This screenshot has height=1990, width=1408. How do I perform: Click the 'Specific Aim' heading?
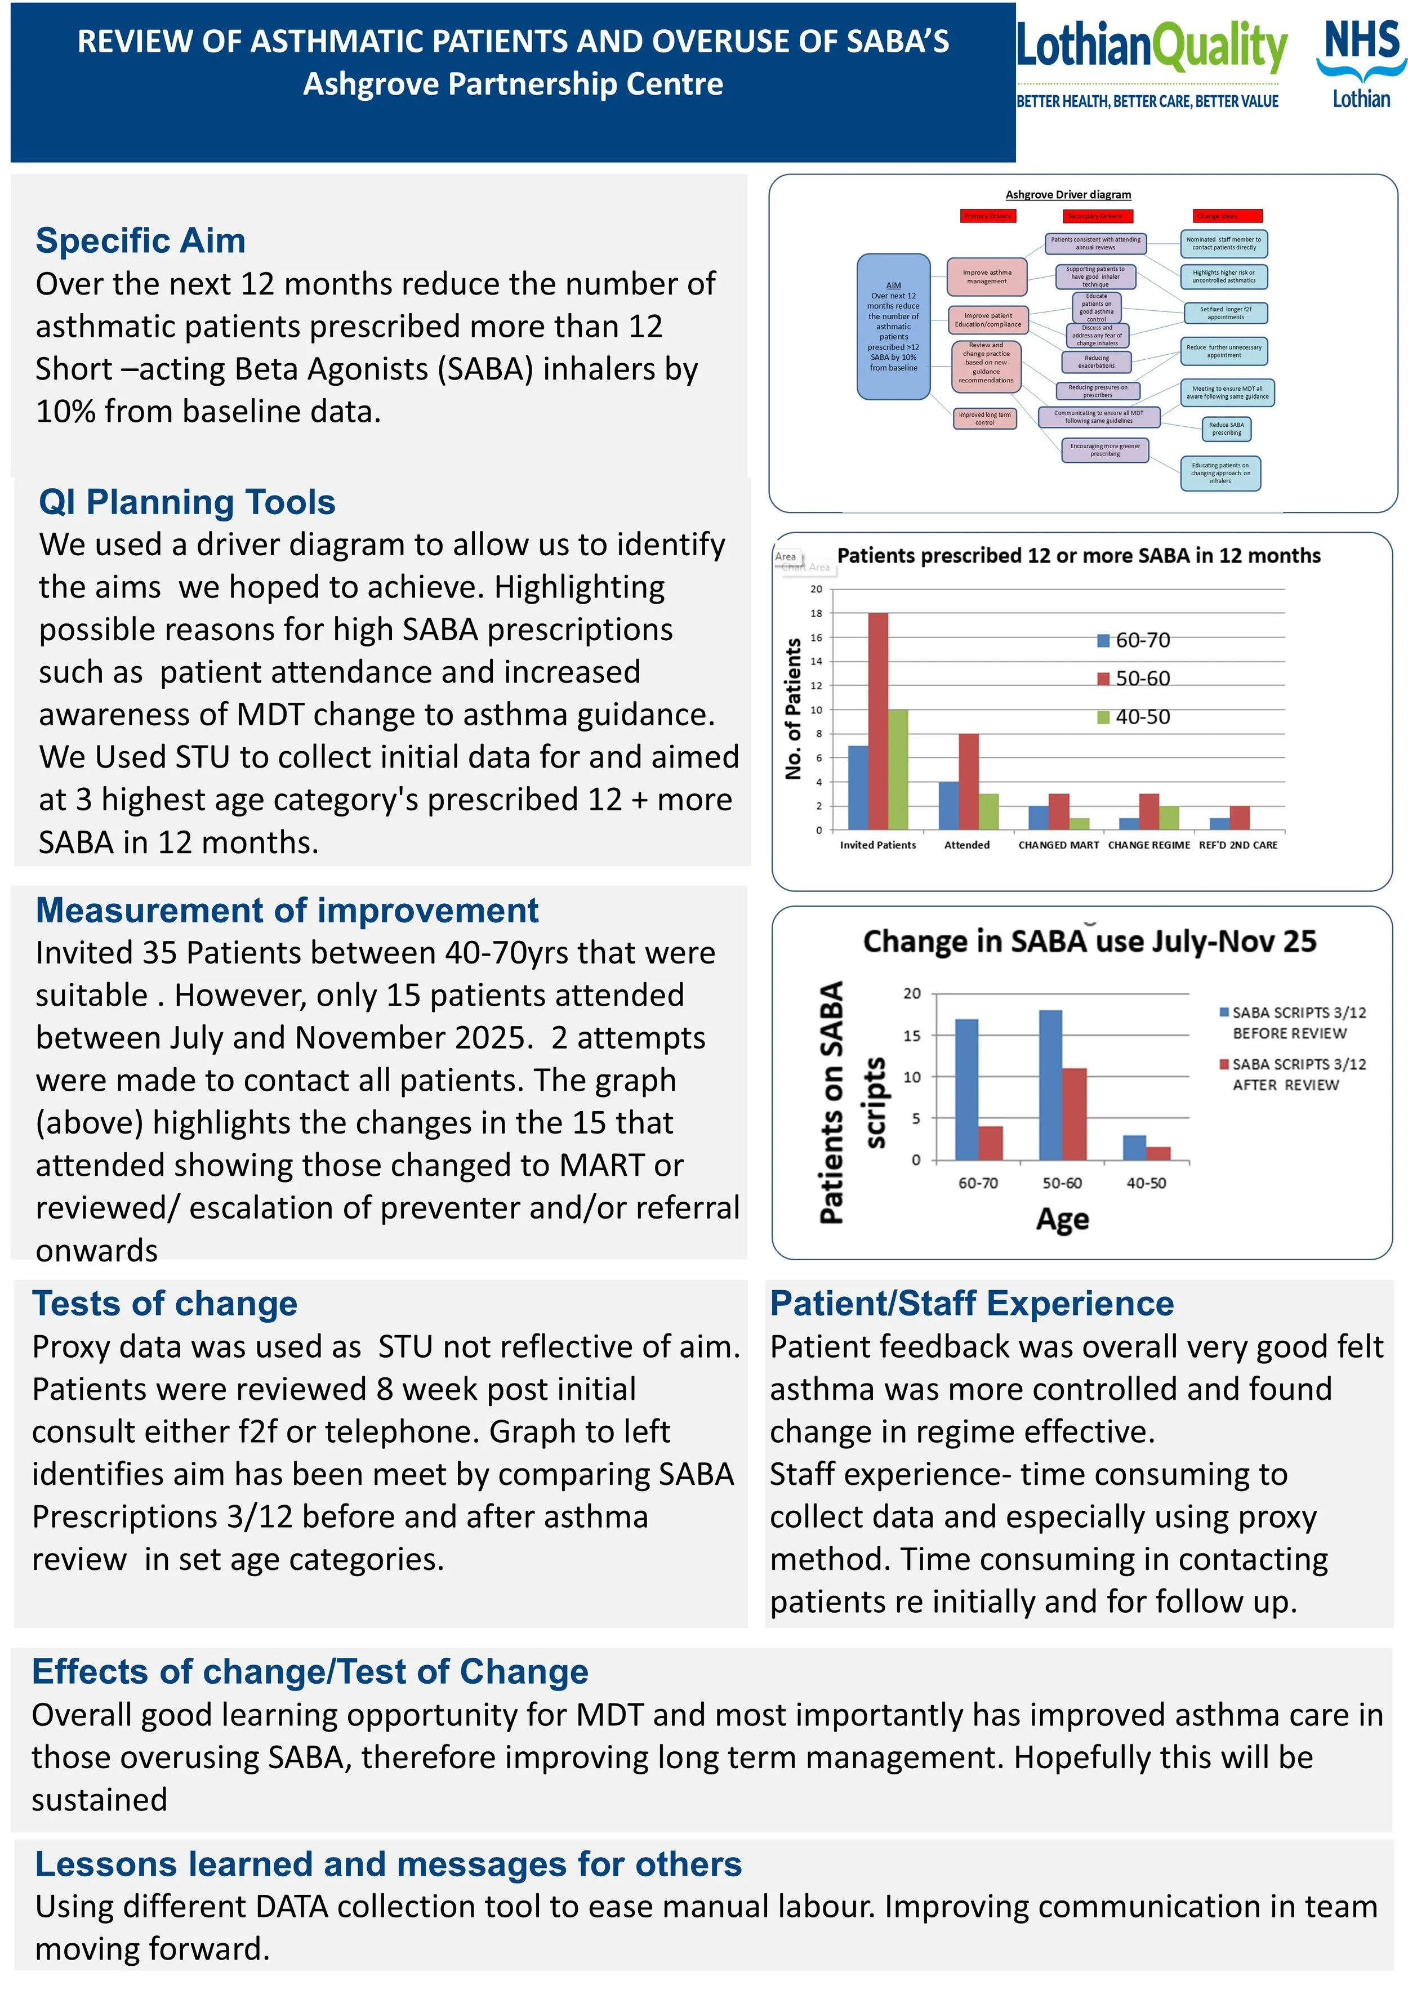coord(140,240)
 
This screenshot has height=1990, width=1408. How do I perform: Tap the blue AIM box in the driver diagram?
coord(893,327)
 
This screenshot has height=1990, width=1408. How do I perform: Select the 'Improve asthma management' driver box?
coord(987,276)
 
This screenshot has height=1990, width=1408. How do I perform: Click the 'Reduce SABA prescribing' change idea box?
coord(1226,428)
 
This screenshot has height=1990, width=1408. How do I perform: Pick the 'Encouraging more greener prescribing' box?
coord(1104,450)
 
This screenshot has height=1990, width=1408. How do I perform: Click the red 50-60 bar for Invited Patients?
coord(878,721)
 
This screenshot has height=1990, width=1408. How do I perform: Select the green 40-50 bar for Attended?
coord(988,811)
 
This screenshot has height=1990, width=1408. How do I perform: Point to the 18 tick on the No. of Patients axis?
coord(816,613)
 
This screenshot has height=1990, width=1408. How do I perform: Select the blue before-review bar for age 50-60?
coord(1050,1085)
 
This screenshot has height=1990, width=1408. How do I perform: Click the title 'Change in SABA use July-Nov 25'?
coord(1089,942)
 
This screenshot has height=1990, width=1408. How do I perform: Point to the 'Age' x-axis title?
coord(1062,1220)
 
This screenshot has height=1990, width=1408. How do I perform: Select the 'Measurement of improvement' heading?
coord(287,910)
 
